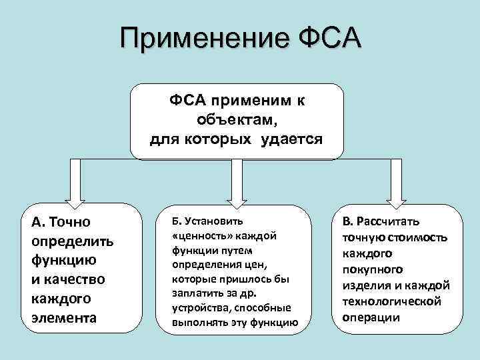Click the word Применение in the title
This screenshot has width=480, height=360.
[x=199, y=39]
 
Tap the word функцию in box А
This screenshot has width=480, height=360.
[x=62, y=259]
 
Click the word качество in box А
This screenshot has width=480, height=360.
[x=73, y=279]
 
